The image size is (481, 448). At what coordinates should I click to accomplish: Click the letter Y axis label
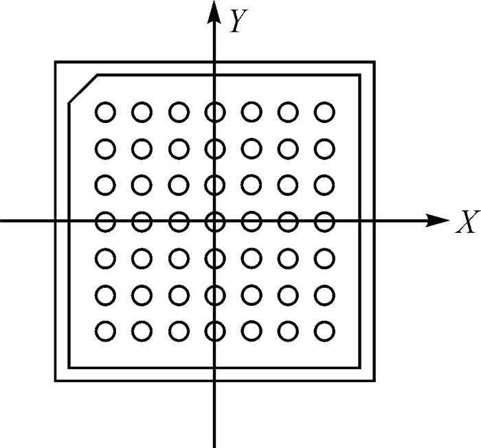(x=238, y=23)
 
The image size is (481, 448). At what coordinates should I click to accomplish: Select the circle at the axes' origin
(x=215, y=221)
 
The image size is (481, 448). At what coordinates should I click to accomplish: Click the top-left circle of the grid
(x=104, y=111)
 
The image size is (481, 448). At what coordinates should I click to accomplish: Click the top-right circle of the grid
(x=324, y=111)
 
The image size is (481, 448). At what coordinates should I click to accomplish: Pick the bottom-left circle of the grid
(x=104, y=331)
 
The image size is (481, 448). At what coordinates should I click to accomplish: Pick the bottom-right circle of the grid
(x=324, y=331)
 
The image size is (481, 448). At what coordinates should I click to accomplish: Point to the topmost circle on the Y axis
(x=215, y=111)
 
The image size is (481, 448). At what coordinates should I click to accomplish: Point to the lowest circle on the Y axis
(x=215, y=331)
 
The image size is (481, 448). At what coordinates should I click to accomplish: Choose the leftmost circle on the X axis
(x=104, y=221)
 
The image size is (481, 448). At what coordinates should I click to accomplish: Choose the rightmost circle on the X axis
(x=324, y=221)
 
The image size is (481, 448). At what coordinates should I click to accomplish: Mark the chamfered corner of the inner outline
(x=82, y=89)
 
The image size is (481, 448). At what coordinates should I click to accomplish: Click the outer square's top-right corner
(x=375, y=62)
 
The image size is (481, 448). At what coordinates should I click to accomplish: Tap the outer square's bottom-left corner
(x=56, y=380)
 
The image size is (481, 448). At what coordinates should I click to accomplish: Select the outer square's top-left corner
(x=56, y=62)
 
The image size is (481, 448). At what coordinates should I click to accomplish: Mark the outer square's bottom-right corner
(x=375, y=380)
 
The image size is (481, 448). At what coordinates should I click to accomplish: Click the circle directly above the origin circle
(x=215, y=185)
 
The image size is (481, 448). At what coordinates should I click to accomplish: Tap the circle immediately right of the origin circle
(x=251, y=221)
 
